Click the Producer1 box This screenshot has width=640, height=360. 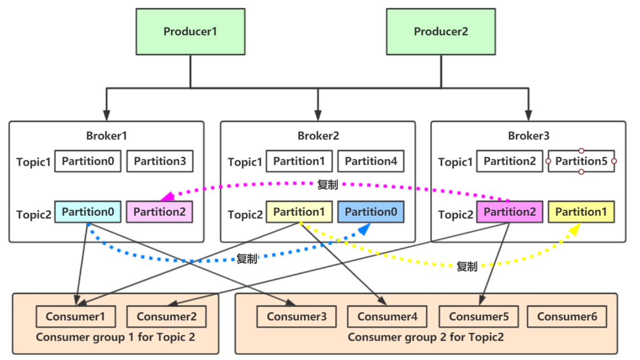coord(190,32)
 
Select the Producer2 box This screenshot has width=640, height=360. coord(441,32)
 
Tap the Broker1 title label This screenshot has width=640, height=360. coord(106,136)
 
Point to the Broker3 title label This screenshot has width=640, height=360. coord(528,136)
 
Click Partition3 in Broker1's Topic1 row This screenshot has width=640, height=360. coord(159,161)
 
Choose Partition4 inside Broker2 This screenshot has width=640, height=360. coord(371,161)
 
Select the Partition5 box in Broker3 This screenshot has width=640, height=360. coord(581,161)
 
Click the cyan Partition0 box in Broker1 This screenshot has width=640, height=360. coord(87,212)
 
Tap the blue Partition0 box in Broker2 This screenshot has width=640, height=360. coord(371,212)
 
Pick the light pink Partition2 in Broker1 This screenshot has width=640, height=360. coord(159,212)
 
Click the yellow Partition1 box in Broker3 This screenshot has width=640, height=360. coord(581,212)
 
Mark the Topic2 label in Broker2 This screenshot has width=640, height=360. coord(245,215)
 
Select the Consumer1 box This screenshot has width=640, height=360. coord(75,317)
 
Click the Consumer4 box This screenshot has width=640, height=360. coord(387,317)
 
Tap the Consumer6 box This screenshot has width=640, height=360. coord(567,317)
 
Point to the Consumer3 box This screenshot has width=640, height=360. coord(296,317)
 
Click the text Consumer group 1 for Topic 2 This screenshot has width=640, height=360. coord(115,337)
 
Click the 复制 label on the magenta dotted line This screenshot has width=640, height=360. coord(327,186)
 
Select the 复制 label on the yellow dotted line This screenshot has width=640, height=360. coord(467,267)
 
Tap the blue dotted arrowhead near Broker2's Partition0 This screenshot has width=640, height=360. coord(364,230)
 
